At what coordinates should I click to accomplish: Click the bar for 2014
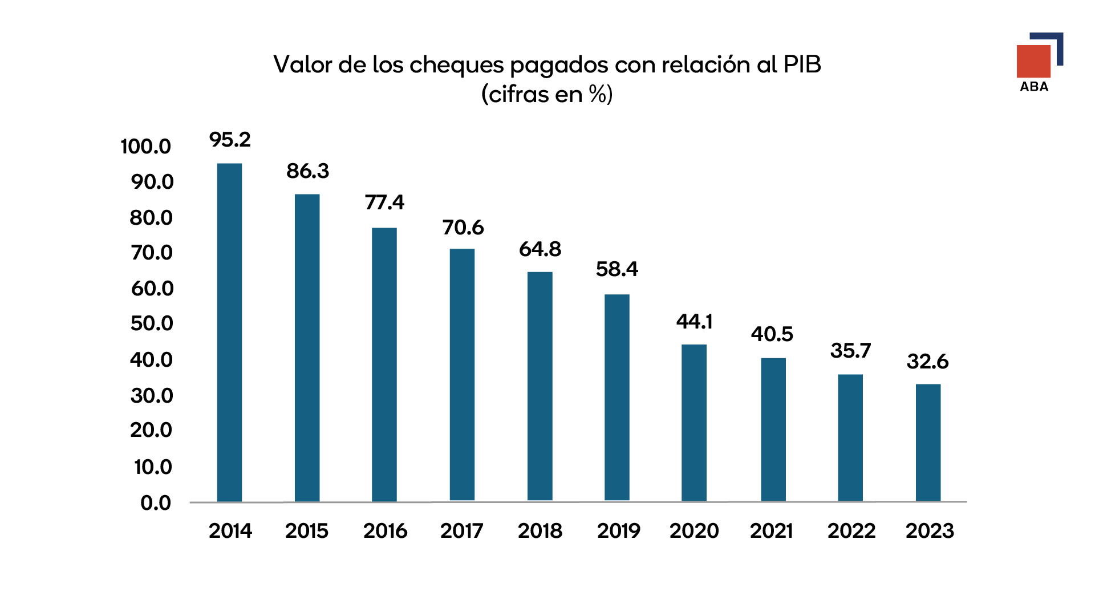229,333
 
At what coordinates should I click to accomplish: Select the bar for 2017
462,375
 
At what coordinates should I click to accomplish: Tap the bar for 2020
694,423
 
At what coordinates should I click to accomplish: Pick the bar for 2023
928,443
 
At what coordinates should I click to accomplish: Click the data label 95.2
230,140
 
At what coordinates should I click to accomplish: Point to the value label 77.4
384,202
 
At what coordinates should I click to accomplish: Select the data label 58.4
617,269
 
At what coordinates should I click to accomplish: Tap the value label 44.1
694,322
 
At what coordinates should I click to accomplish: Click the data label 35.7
850,351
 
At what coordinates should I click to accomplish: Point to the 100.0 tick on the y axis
145,147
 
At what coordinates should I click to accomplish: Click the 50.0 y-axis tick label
151,323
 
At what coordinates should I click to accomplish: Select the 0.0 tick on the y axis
156,503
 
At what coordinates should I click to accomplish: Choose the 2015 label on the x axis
307,531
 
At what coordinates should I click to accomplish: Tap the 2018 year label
540,531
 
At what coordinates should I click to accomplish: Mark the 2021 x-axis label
771,531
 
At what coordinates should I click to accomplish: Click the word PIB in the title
802,64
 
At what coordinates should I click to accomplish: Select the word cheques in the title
457,65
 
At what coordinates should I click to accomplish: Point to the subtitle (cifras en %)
547,94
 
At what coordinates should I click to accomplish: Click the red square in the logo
1033,61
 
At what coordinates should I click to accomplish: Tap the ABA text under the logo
1034,87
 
